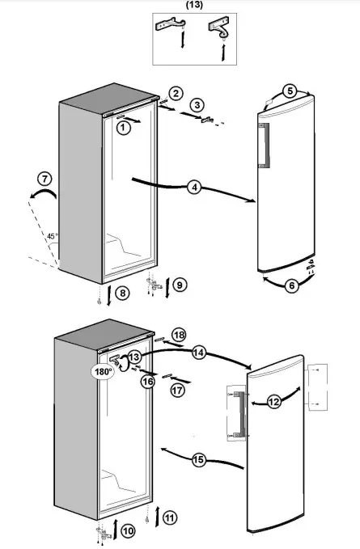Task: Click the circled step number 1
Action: pyautogui.click(x=122, y=127)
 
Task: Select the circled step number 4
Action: pyautogui.click(x=193, y=188)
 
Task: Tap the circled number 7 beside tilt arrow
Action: pyautogui.click(x=45, y=178)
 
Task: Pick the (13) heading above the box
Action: pyautogui.click(x=195, y=5)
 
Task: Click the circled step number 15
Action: pyautogui.click(x=199, y=460)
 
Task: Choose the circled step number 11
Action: pyautogui.click(x=168, y=517)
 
